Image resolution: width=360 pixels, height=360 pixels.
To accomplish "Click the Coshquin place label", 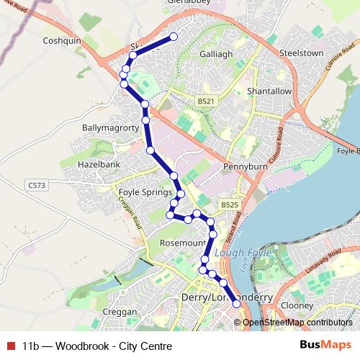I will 63,41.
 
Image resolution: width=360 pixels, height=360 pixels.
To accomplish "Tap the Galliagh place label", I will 215,54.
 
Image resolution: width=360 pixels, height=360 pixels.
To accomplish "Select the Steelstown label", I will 301,53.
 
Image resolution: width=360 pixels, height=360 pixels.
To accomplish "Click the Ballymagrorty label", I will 109,127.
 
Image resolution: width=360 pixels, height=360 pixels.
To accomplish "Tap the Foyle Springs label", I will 145,192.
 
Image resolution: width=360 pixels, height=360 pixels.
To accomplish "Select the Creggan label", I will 120,312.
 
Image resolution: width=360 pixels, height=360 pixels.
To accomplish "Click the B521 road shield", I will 205,102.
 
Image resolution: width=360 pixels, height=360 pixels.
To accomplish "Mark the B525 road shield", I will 229,205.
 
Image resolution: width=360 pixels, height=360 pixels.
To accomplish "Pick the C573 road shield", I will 37,186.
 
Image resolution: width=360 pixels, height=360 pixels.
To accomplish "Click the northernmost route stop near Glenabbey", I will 174,37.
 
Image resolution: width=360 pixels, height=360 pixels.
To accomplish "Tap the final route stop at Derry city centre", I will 236,305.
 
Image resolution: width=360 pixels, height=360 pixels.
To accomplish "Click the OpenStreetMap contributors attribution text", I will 297,323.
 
